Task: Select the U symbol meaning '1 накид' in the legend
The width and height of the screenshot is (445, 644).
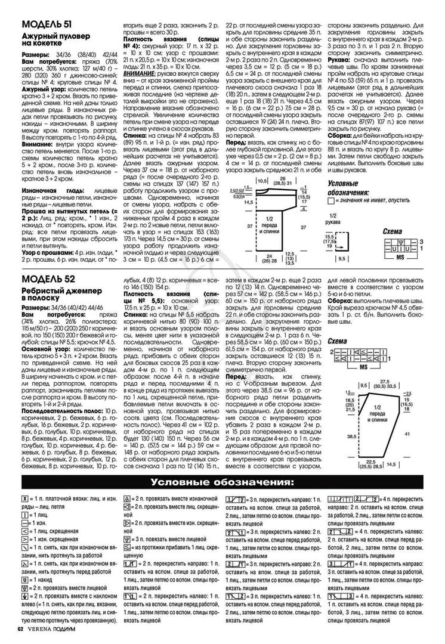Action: tap(24, 579)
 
